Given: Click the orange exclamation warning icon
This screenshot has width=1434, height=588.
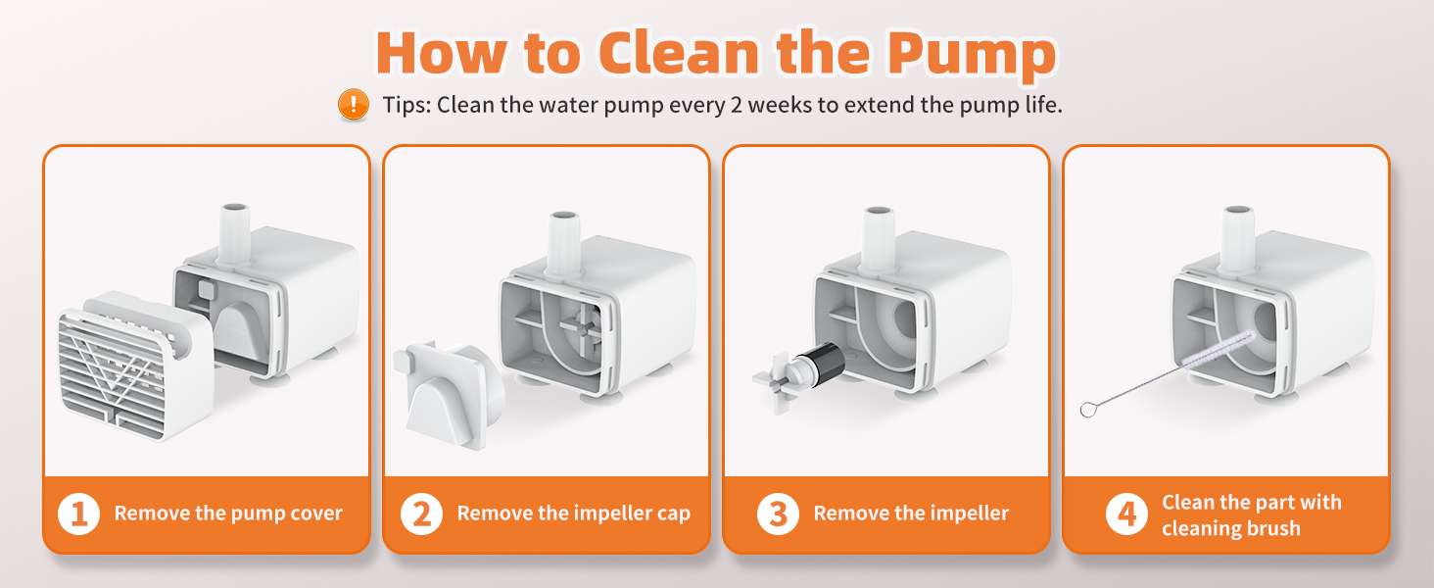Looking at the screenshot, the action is [x=354, y=104].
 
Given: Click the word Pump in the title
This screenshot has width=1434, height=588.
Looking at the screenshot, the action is [x=972, y=55].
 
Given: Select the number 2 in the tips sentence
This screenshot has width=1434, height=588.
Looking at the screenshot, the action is [x=737, y=105].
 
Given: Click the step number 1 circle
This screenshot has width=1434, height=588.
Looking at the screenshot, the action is [x=78, y=514].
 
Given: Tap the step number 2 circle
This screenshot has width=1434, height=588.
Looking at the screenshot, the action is [x=421, y=514].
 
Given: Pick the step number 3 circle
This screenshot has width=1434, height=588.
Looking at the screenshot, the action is [x=778, y=514].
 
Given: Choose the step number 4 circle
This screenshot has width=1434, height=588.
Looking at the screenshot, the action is [x=1126, y=514].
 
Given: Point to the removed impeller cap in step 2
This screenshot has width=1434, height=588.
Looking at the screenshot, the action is [x=449, y=394].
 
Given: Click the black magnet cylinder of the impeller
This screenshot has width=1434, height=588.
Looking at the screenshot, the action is [x=822, y=364].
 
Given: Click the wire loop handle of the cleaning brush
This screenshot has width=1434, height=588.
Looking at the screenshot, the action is [x=1087, y=409].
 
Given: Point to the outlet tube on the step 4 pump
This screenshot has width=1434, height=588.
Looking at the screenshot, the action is [x=1237, y=241].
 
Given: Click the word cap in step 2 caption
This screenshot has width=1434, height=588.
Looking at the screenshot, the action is [x=674, y=514].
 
